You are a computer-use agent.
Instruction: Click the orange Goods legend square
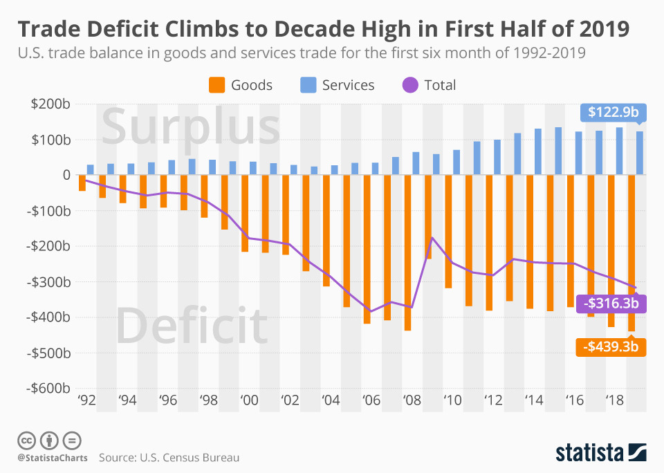216,86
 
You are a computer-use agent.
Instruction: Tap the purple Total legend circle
409,86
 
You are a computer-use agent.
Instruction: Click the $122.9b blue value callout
613,112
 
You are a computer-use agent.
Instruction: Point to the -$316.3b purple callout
611,303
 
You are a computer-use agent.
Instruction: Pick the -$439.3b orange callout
611,346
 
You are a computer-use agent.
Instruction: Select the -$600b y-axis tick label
48,388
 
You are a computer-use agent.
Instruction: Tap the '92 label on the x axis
86,400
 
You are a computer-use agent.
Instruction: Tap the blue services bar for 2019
640,153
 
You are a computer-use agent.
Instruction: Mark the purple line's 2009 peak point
432,238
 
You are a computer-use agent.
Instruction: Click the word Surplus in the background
191,127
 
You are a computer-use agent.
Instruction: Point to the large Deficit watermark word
192,325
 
